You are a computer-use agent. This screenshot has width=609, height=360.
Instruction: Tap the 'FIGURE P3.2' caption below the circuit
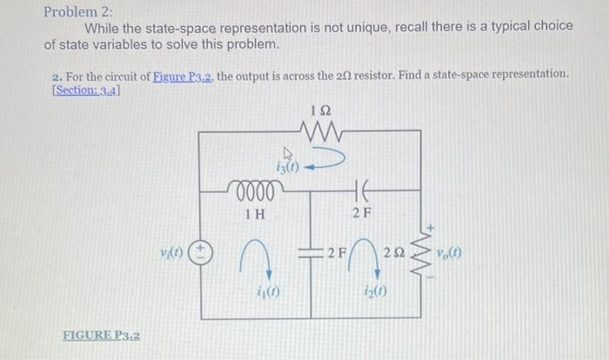[x=103, y=335]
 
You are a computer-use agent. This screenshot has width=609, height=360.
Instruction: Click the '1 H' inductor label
[x=255, y=212]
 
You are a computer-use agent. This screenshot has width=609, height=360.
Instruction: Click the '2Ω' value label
[x=395, y=252]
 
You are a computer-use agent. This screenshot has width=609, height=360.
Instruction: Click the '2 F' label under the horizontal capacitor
[x=364, y=212]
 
